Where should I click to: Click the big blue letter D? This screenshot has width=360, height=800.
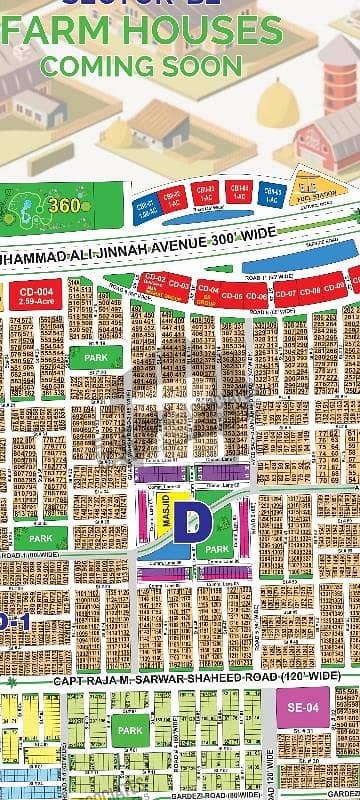pos(186,521)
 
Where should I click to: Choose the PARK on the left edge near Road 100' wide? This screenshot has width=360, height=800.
pos(40,539)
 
